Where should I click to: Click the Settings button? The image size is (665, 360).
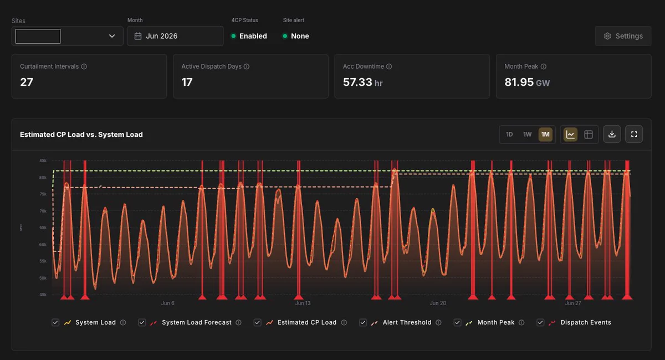tap(623, 36)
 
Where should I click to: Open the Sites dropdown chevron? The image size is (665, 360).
tap(112, 36)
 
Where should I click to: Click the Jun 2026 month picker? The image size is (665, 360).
tap(175, 36)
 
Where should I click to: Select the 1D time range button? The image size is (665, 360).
tap(509, 135)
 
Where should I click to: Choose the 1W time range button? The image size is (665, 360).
tap(527, 135)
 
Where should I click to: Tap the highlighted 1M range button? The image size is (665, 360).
tap(545, 135)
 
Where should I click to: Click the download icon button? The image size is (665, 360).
tap(612, 135)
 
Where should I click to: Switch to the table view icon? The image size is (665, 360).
tap(589, 135)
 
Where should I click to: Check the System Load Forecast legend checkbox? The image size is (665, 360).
tap(142, 322)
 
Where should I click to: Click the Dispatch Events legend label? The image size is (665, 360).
tap(586, 322)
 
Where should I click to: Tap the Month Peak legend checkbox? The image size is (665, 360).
tap(458, 322)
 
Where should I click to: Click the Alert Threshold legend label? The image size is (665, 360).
tap(407, 322)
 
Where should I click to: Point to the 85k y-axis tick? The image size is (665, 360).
tap(43, 161)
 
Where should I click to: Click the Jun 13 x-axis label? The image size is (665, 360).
tap(303, 303)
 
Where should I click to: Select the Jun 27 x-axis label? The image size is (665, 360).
tap(573, 303)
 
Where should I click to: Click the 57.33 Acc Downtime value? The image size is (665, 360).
tap(357, 82)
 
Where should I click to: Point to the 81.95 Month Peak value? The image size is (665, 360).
tap(519, 82)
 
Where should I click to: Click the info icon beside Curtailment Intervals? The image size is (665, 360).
tap(84, 66)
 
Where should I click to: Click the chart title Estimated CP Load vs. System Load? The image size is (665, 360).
tap(81, 135)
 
